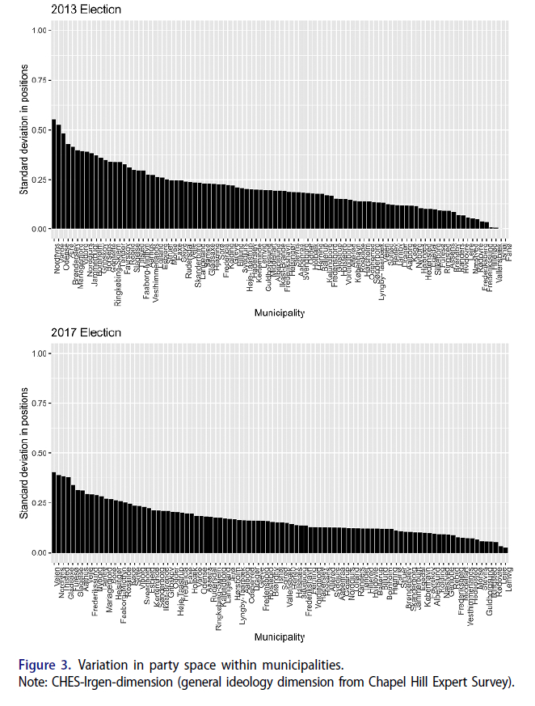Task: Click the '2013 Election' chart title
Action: (86, 10)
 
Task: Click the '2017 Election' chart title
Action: (86, 332)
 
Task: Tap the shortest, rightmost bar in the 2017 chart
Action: (505, 550)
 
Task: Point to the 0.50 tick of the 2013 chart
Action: (37, 129)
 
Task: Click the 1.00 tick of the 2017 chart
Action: (37, 353)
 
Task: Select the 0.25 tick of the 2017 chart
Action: (37, 503)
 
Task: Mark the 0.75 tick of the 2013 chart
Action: (37, 80)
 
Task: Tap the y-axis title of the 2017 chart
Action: (24, 452)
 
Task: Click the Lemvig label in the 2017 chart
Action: (511, 576)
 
